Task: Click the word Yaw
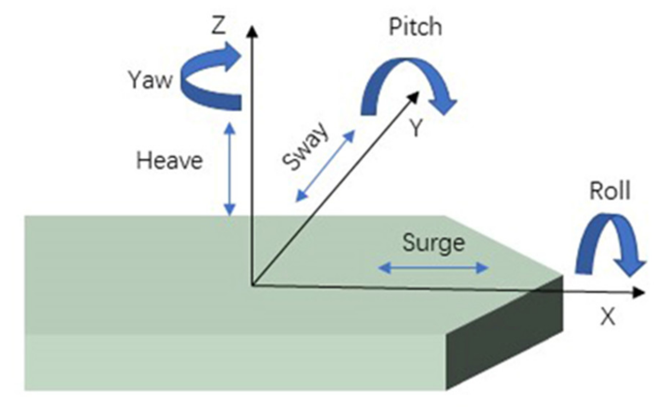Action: click(x=150, y=80)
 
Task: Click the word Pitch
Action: click(x=415, y=27)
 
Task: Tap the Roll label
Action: click(x=609, y=191)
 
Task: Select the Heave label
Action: click(x=169, y=161)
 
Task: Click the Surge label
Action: click(x=434, y=243)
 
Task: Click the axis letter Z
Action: click(x=219, y=27)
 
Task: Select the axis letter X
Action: click(x=608, y=317)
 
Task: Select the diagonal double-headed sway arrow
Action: click(x=325, y=166)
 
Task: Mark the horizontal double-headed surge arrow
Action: click(x=433, y=268)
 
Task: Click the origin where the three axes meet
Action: click(x=252, y=285)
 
